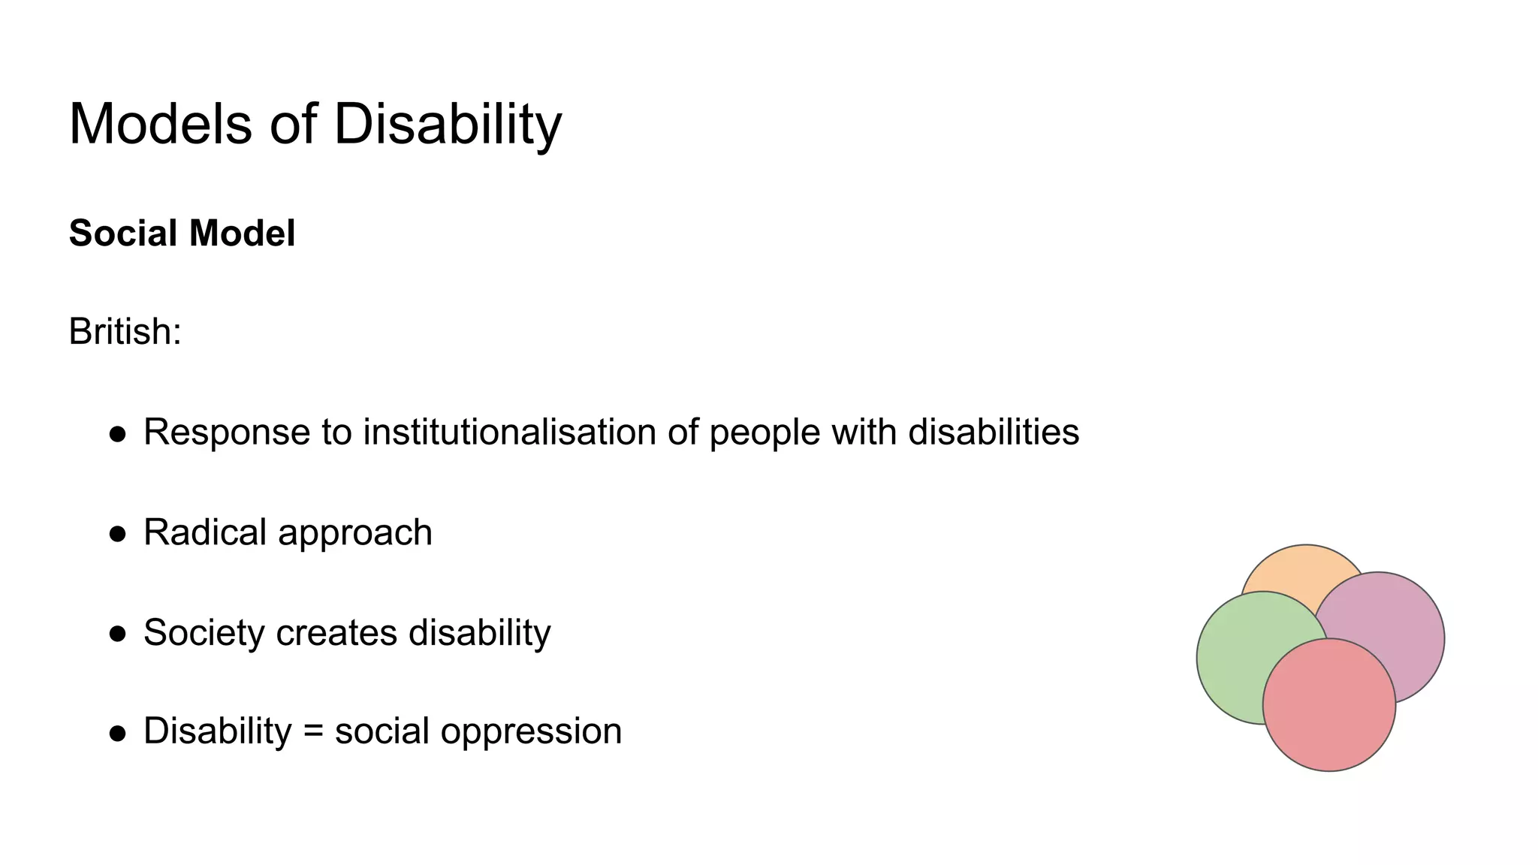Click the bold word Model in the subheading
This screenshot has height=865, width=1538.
point(242,234)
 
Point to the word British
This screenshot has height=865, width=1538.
point(125,331)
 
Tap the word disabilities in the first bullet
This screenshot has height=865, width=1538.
point(994,432)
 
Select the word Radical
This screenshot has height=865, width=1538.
point(205,532)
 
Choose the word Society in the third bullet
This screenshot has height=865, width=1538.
point(204,633)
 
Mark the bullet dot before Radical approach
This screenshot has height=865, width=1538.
point(117,534)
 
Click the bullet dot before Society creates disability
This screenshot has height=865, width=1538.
point(117,634)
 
